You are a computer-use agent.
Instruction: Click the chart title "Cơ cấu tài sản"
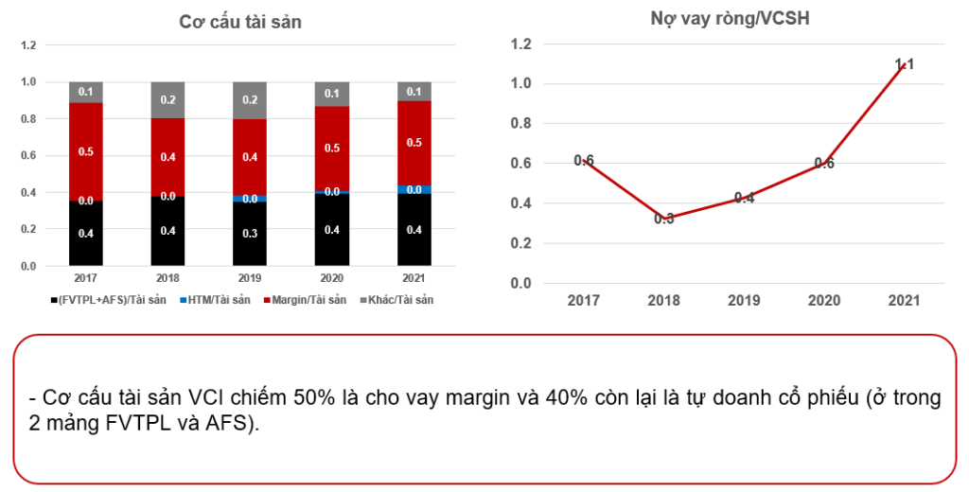click(240, 23)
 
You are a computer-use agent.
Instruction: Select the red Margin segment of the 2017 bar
click(86, 151)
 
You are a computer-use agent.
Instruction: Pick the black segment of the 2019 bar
click(251, 234)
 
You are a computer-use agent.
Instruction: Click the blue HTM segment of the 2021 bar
click(414, 190)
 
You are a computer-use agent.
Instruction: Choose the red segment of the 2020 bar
click(332, 149)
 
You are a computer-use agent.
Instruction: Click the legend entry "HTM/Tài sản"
click(211, 300)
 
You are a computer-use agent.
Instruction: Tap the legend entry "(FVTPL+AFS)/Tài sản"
click(109, 300)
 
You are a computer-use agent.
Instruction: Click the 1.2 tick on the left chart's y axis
click(29, 45)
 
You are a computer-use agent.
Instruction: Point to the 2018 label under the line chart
click(663, 301)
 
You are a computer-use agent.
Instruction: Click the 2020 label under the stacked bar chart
click(332, 279)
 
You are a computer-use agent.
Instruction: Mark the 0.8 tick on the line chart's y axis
click(521, 124)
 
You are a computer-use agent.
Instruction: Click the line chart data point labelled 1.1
click(904, 64)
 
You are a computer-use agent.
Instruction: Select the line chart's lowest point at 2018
click(663, 219)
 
